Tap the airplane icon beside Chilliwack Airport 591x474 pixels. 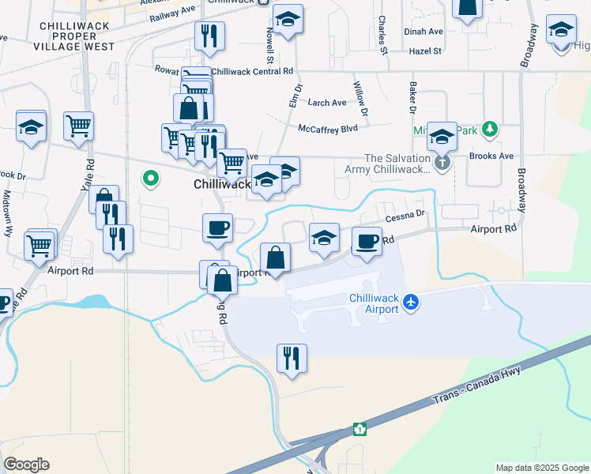tap(411, 302)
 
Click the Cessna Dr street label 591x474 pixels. tap(405, 214)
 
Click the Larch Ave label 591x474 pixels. tap(327, 103)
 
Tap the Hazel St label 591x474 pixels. tap(425, 51)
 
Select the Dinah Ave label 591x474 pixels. tap(423, 32)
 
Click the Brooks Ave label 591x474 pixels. tap(491, 156)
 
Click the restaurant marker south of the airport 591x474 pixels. tap(292, 358)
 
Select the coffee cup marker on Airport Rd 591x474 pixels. tap(367, 241)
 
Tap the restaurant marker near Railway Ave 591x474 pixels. tap(209, 35)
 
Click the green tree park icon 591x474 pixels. tap(491, 128)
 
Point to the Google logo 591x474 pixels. tap(27, 464)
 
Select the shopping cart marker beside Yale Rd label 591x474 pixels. tap(79, 125)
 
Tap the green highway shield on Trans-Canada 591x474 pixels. tap(360, 429)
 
